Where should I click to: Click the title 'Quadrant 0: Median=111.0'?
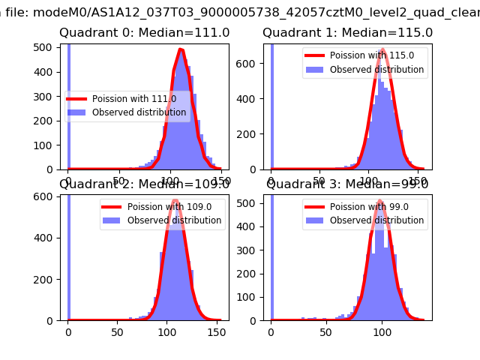click(144, 33)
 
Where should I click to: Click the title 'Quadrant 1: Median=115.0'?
click(347, 33)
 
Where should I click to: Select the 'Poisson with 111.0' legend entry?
click(133, 99)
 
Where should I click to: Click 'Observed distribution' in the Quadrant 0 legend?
click(138, 112)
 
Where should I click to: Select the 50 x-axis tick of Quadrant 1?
click(320, 181)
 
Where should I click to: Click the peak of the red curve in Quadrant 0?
click(181, 50)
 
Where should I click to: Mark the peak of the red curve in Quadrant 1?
click(382, 50)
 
